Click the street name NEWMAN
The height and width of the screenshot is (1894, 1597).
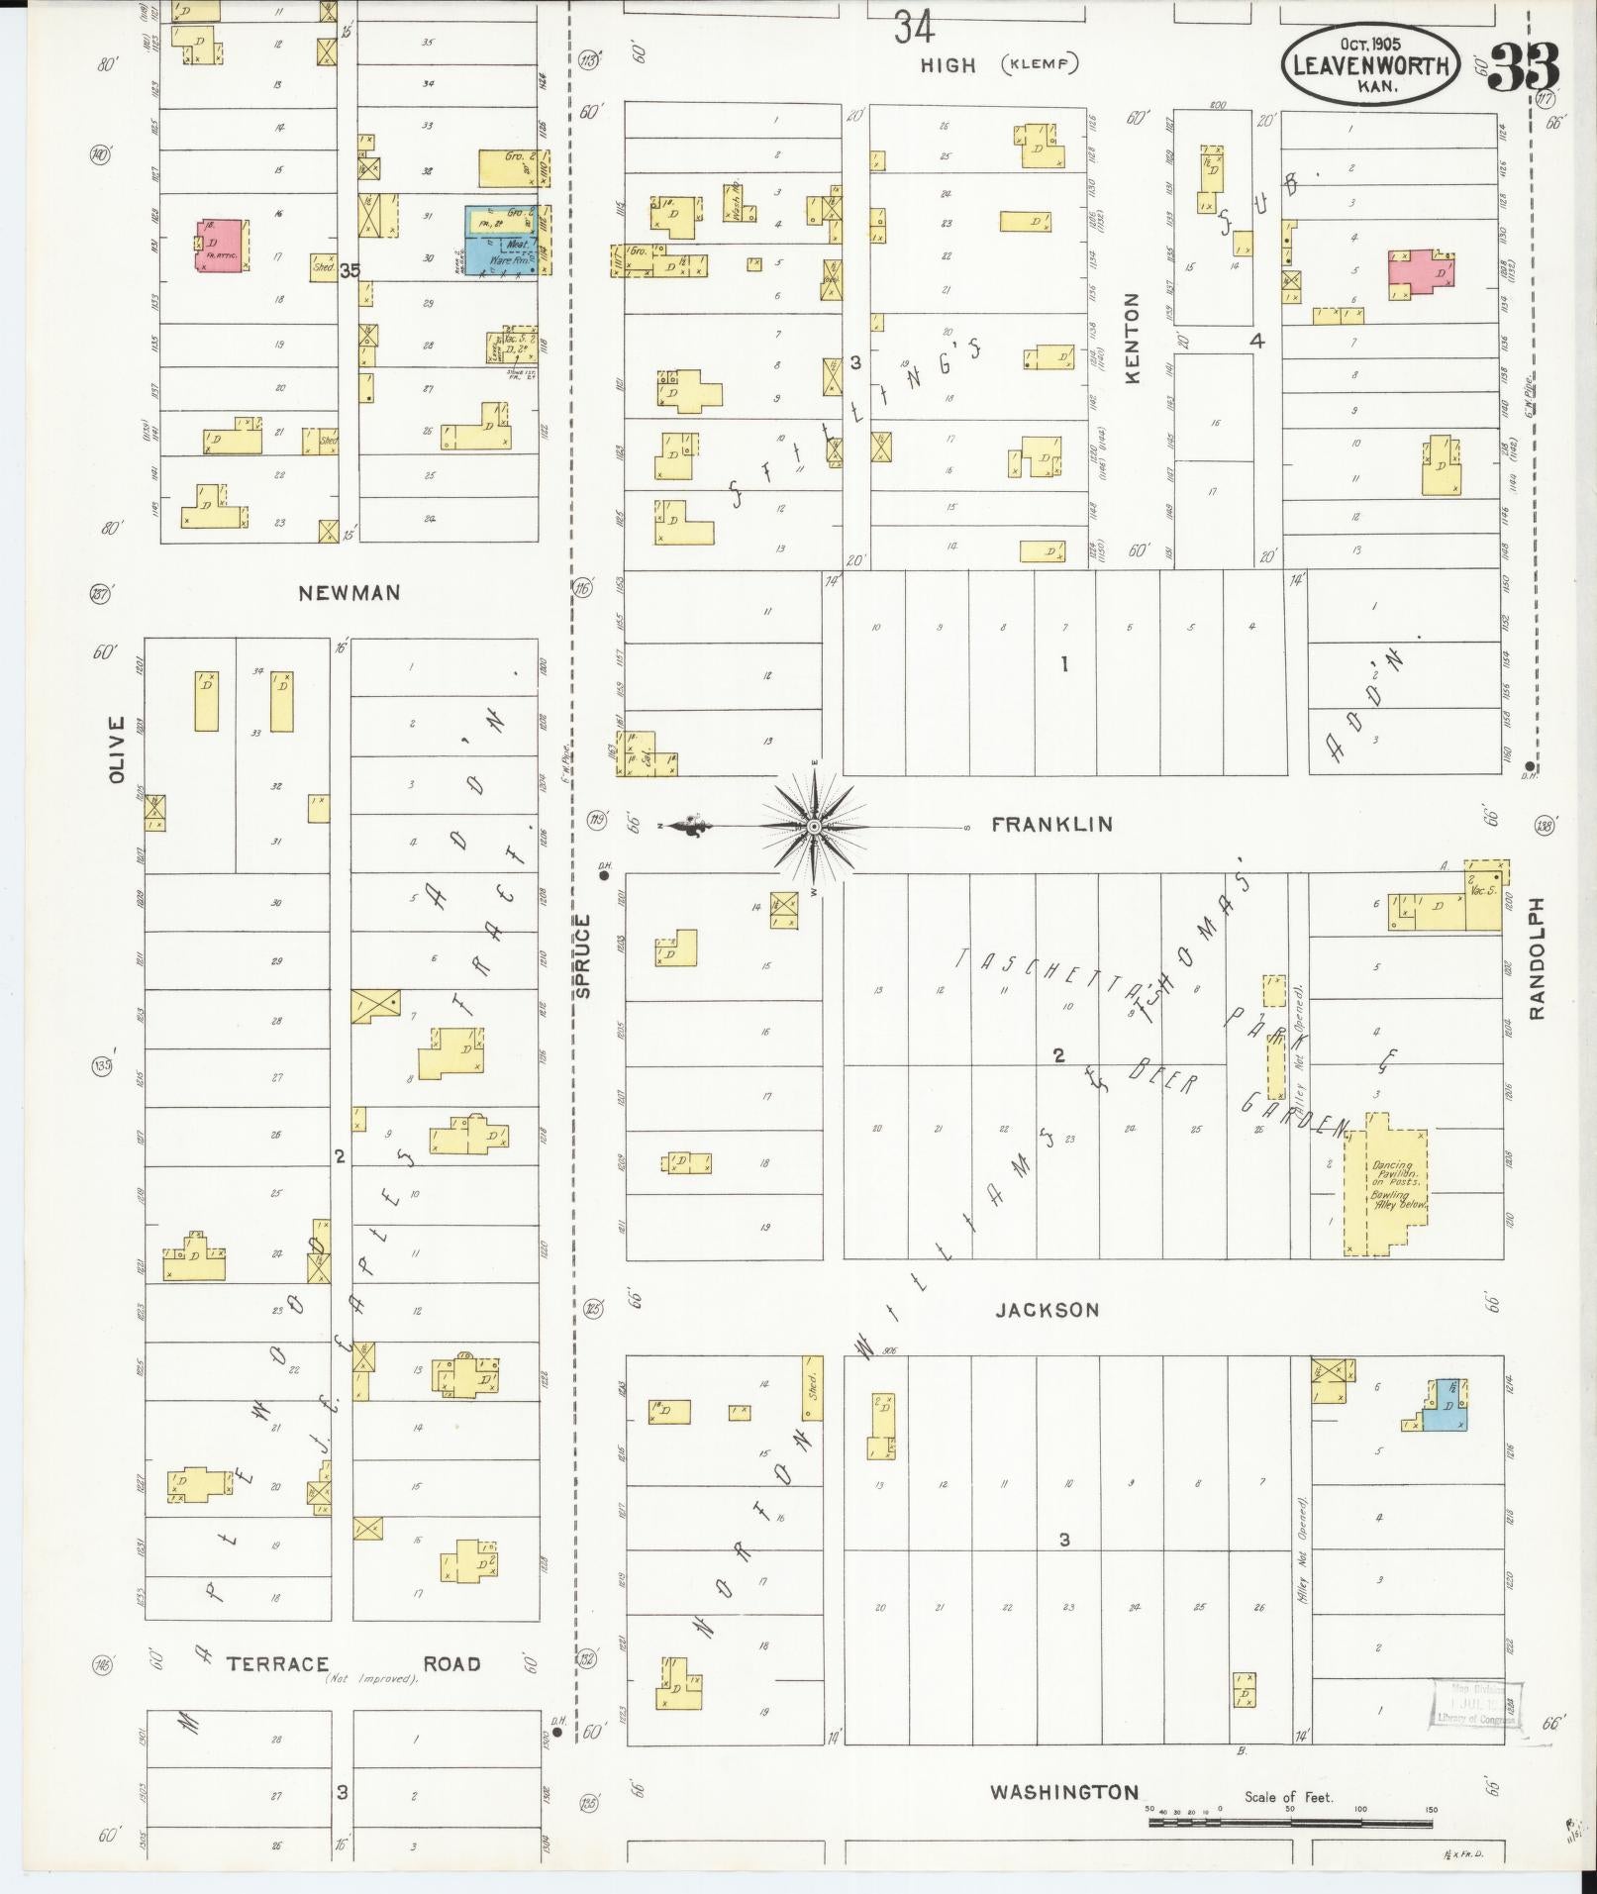tap(349, 593)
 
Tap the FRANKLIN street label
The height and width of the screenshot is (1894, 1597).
tap(1051, 824)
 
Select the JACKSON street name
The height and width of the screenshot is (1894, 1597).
tap(1048, 1310)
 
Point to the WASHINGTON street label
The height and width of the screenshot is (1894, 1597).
tap(1064, 1792)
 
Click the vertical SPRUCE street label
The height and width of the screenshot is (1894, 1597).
tap(583, 955)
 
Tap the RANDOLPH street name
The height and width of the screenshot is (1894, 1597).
tap(1536, 958)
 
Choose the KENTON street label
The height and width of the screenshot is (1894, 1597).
tap(1133, 338)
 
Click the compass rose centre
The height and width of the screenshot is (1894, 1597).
tap(814, 826)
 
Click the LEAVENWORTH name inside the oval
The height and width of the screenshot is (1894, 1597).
tap(1370, 67)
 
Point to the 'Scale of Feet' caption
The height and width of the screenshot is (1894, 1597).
tap(1288, 1797)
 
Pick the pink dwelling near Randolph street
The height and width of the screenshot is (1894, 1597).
tap(1421, 273)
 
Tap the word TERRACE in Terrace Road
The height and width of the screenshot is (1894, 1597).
tap(277, 1663)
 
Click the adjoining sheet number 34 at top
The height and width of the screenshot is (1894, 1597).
tap(914, 28)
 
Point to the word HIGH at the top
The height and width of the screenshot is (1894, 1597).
tap(948, 65)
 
